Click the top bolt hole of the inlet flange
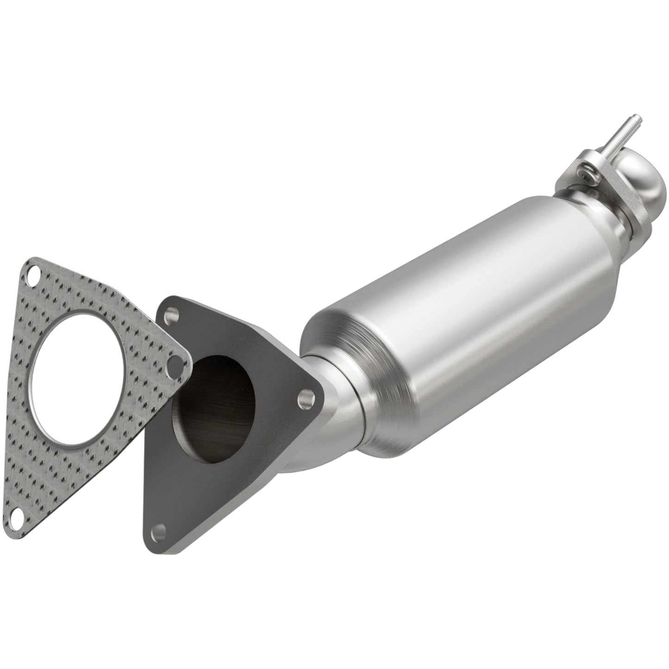(173, 315)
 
